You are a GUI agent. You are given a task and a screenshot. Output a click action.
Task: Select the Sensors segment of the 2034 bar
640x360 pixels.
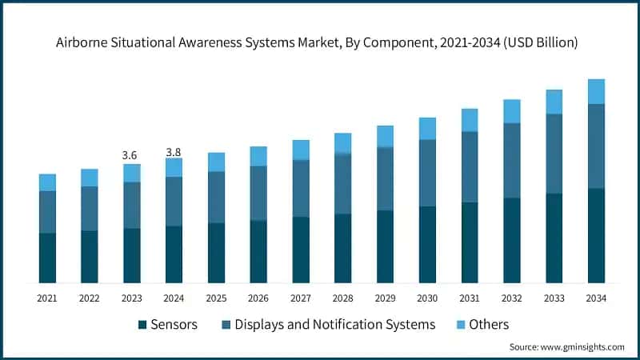tap(596, 235)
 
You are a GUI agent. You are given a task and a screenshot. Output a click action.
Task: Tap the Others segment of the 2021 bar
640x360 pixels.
tap(47, 182)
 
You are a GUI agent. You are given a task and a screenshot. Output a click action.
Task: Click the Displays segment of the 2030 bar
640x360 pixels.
tap(427, 173)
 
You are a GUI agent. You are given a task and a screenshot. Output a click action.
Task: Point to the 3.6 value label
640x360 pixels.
tap(131, 154)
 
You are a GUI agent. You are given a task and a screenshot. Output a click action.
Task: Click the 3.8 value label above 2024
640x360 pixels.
tap(174, 152)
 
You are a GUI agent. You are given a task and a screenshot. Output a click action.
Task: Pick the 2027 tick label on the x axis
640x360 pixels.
tap(301, 298)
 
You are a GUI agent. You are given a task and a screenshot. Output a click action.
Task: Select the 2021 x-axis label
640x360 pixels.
tap(47, 298)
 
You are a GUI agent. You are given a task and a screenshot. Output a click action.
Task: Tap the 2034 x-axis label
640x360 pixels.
tap(596, 298)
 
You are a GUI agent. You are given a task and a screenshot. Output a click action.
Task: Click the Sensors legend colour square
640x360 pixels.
tap(142, 325)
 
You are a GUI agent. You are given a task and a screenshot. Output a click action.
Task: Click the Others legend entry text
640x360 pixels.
tap(488, 324)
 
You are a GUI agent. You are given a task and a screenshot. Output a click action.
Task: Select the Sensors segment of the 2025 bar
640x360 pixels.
tap(216, 252)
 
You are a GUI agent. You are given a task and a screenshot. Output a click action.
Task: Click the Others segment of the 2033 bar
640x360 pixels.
tap(554, 102)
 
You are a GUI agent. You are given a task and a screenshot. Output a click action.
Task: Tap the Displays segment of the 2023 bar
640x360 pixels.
tap(131, 205)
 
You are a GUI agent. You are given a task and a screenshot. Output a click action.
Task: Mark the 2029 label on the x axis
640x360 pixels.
tap(385, 298)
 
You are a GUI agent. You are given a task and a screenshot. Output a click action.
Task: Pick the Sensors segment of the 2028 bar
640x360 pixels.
tap(342, 248)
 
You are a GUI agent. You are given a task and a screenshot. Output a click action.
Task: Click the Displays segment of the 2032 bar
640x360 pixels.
tap(511, 160)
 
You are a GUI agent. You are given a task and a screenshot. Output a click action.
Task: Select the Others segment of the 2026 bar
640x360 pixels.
tap(258, 156)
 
